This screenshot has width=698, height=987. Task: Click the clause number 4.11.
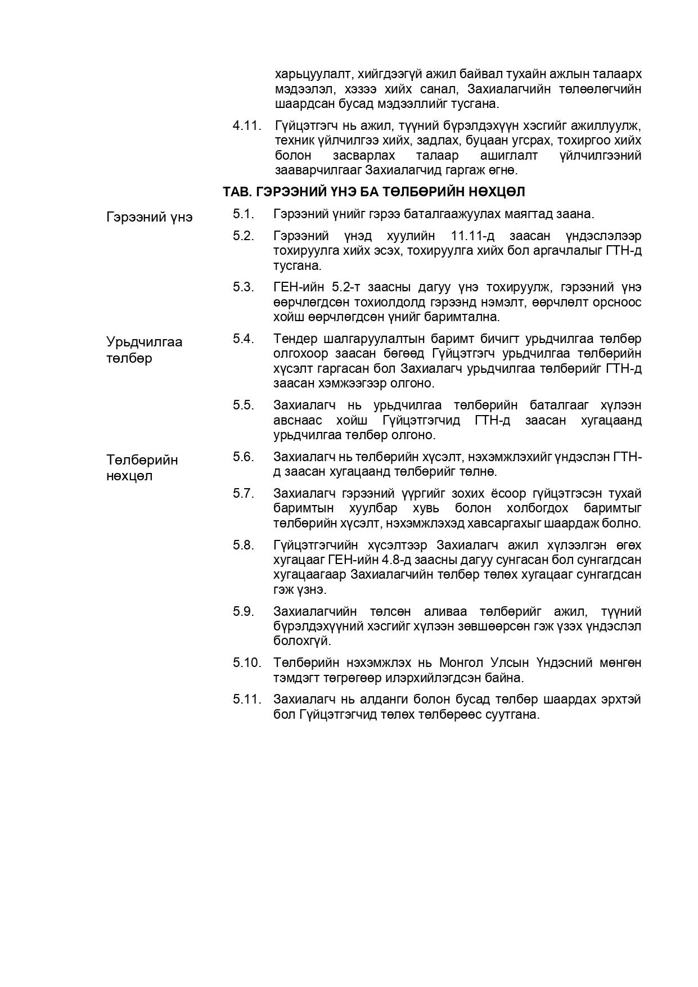[x=247, y=125]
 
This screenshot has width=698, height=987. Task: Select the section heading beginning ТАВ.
[x=373, y=192]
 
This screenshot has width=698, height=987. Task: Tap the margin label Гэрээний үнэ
[x=150, y=217]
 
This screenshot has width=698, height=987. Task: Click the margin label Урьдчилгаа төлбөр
[x=145, y=350]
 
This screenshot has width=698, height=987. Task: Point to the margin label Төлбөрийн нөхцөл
[x=142, y=468]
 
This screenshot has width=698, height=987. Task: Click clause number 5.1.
[x=244, y=214]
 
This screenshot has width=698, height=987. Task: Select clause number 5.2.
[x=244, y=236]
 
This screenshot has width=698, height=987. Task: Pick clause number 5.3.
[x=244, y=287]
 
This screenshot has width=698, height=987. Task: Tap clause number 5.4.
[x=244, y=339]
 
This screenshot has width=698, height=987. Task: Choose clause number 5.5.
[x=244, y=405]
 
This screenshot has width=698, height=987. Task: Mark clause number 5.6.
[x=244, y=456]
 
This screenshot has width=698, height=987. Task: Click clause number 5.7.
[x=244, y=493]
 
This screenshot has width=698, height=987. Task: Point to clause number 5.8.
[x=244, y=545]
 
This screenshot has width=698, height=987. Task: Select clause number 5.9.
[x=244, y=611]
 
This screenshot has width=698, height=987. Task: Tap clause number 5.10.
[x=247, y=662]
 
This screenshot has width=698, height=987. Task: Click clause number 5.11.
[x=247, y=699]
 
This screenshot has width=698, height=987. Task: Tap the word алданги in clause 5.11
[x=382, y=699]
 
